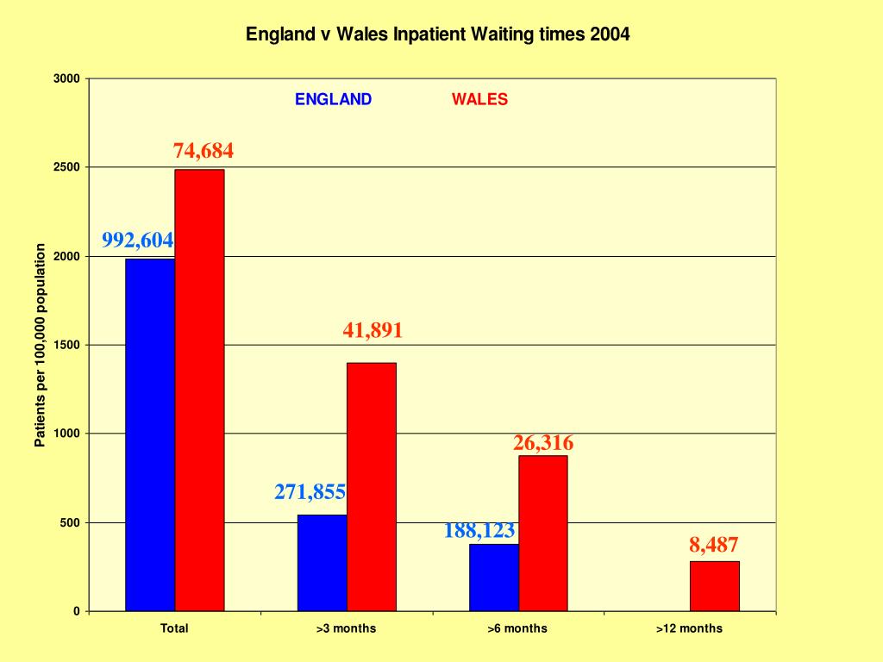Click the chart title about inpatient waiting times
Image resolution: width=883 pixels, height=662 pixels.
pyautogui.click(x=438, y=34)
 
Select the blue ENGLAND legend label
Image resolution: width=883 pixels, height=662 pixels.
pyautogui.click(x=333, y=99)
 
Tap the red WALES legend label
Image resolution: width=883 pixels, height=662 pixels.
pyautogui.click(x=479, y=99)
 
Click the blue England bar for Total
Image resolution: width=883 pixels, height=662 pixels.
pyautogui.click(x=150, y=434)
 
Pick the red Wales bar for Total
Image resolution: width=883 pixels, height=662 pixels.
pyautogui.click(x=199, y=390)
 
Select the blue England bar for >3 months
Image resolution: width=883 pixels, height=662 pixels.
pyautogui.click(x=323, y=562)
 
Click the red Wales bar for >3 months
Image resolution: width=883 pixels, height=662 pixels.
pyautogui.click(x=372, y=486)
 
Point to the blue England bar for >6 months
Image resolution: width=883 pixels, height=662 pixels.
pyautogui.click(x=494, y=577)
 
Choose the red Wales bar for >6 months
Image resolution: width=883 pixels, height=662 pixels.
pyautogui.click(x=543, y=533)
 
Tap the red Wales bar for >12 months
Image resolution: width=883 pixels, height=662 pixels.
pyautogui.click(x=715, y=585)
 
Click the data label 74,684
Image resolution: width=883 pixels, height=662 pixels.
pyautogui.click(x=204, y=151)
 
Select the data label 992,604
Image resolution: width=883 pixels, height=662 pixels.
pyautogui.click(x=138, y=240)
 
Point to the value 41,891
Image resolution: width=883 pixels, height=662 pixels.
pyautogui.click(x=373, y=330)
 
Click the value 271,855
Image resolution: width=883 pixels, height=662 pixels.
pyautogui.click(x=310, y=492)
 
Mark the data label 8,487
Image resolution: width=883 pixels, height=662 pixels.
pyautogui.click(x=714, y=545)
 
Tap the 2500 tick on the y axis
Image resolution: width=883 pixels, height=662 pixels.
pyautogui.click(x=67, y=167)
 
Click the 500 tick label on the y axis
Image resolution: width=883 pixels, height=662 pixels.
pyautogui.click(x=70, y=522)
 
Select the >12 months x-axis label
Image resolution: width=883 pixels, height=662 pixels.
pyautogui.click(x=689, y=628)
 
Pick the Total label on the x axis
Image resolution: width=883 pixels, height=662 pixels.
pyautogui.click(x=174, y=628)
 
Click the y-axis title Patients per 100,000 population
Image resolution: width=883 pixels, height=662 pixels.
pyautogui.click(x=40, y=345)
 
